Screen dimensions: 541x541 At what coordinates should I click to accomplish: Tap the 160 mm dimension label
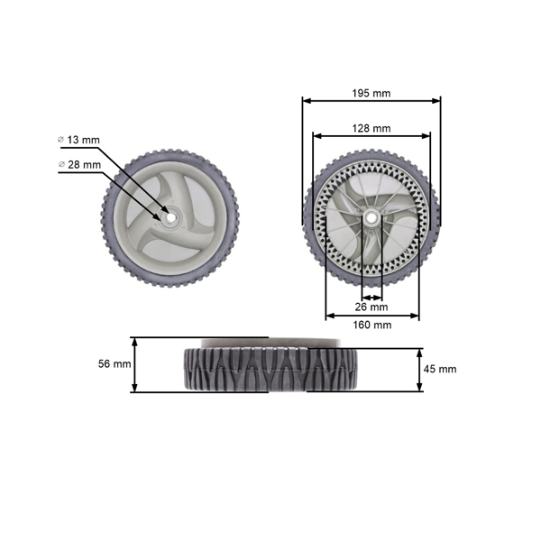pyautogui.click(x=372, y=325)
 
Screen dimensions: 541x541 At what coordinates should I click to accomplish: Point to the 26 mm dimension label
pyautogui.click(x=372, y=307)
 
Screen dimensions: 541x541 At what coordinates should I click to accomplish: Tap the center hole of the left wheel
pyautogui.click(x=168, y=216)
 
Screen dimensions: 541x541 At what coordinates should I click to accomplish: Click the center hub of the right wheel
pyautogui.click(x=371, y=218)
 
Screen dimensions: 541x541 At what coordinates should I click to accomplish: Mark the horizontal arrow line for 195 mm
pyautogui.click(x=371, y=101)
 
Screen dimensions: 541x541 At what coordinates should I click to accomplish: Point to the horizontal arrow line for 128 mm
pyautogui.click(x=371, y=136)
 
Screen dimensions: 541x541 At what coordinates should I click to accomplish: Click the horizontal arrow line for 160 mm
pyautogui.click(x=371, y=316)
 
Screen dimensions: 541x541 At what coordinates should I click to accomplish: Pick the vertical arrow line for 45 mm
pyautogui.click(x=419, y=370)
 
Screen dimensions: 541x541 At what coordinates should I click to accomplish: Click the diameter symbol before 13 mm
pyautogui.click(x=60, y=140)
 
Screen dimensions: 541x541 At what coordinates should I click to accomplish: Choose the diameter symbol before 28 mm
pyautogui.click(x=60, y=164)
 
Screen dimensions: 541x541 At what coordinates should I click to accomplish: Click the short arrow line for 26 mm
pyautogui.click(x=371, y=297)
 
